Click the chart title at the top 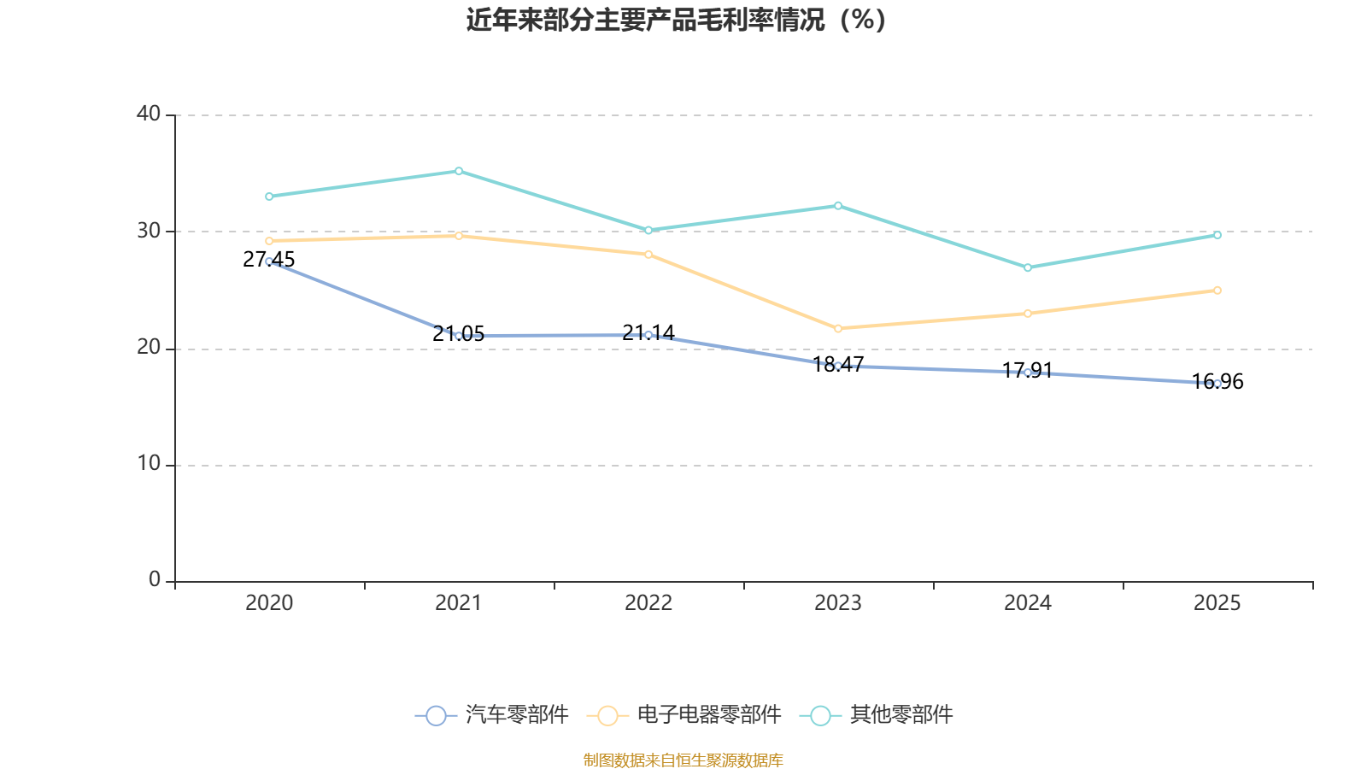(x=676, y=20)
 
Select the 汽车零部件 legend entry (x=492, y=715)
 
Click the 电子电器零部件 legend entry (x=685, y=715)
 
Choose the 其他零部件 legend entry (x=877, y=715)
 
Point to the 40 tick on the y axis (x=148, y=114)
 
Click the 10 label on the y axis (x=148, y=464)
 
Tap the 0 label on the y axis (x=154, y=580)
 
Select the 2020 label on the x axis (x=269, y=603)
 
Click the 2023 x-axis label (x=838, y=603)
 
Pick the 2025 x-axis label (x=1217, y=603)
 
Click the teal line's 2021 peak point (x=459, y=171)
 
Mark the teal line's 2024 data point (x=1028, y=267)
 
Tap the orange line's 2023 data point (x=838, y=328)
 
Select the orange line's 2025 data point (x=1217, y=291)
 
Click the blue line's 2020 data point (x=269, y=261)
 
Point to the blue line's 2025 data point (x=1217, y=384)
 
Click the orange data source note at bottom (x=683, y=760)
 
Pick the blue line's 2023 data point (x=838, y=366)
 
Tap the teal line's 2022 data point (x=648, y=231)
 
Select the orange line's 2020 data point (x=269, y=241)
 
